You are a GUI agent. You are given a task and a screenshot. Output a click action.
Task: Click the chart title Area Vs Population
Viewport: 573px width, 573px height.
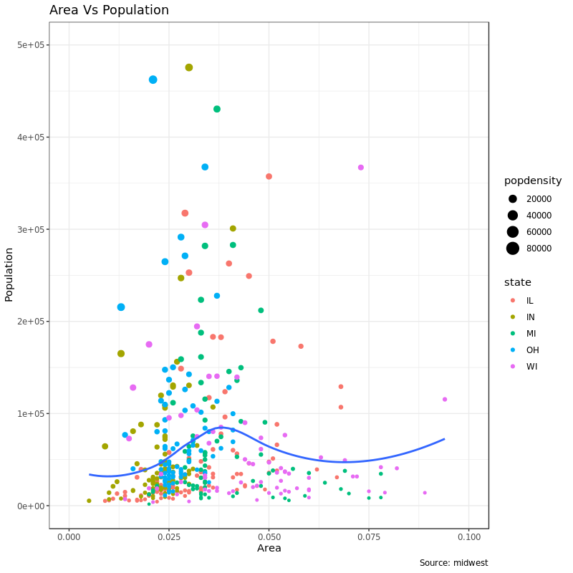[x=109, y=10]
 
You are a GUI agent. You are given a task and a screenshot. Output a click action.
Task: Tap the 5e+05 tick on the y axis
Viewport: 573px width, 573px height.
[x=32, y=45]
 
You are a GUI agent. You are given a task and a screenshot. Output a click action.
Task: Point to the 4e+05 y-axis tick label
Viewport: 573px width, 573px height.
[x=32, y=138]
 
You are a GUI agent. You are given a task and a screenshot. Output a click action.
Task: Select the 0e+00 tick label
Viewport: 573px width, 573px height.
[x=32, y=506]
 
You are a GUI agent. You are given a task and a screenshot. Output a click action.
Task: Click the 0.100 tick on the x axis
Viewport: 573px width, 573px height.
[x=469, y=536]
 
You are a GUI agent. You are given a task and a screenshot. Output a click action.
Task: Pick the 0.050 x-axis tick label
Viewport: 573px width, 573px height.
[x=269, y=536]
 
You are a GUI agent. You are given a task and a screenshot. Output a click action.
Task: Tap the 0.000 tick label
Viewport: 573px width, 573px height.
[x=69, y=536]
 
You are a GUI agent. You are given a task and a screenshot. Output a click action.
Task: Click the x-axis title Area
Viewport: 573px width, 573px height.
[x=269, y=549]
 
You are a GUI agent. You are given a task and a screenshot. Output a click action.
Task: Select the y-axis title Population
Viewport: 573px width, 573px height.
[x=9, y=275]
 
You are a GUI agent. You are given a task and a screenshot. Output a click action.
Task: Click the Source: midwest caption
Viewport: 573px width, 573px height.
[x=453, y=563]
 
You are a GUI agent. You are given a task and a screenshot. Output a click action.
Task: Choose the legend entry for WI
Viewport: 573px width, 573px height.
[x=531, y=367]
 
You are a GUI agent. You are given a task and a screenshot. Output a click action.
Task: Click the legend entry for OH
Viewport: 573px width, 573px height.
[x=532, y=350]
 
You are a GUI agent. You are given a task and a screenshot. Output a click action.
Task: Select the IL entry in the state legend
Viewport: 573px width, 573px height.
[x=529, y=301]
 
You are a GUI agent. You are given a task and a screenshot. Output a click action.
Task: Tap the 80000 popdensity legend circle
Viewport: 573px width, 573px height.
[x=513, y=249]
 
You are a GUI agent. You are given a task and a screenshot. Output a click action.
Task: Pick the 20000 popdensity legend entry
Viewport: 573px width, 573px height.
[x=513, y=199]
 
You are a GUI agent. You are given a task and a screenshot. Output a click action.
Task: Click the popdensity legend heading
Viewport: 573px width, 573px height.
[x=533, y=180]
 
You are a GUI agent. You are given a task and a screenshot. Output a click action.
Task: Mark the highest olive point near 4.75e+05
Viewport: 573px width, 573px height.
[x=189, y=67]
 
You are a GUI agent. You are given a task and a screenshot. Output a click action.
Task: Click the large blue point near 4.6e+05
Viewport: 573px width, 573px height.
[x=153, y=80]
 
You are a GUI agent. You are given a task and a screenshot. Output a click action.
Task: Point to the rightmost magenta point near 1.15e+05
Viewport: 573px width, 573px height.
[x=445, y=400]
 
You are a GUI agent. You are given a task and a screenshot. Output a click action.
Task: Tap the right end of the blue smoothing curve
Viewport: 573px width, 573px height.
[x=444, y=439]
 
